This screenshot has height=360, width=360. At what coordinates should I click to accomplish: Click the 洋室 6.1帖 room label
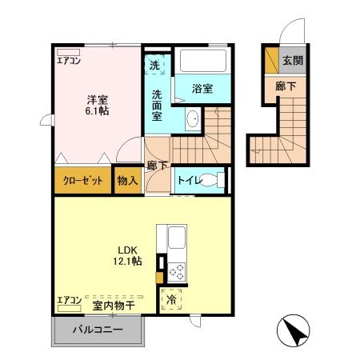(x=98, y=106)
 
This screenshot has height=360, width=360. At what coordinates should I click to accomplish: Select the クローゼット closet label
(x=83, y=182)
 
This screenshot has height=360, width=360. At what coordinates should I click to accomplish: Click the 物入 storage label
(x=127, y=181)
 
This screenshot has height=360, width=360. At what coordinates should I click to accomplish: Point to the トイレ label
(x=189, y=180)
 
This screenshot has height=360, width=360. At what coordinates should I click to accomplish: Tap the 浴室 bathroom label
(x=202, y=89)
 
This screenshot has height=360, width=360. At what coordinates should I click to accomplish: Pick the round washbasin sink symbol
(x=192, y=121)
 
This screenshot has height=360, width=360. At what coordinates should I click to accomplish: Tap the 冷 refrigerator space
(x=171, y=298)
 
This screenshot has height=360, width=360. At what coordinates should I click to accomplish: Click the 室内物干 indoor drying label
(x=113, y=304)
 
